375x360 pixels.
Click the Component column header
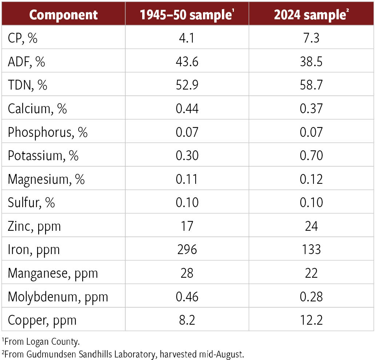[x=63, y=15]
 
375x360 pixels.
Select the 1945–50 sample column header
[x=187, y=15]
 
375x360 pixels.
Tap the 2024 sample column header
[x=311, y=15]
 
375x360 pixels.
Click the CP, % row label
[x=23, y=38]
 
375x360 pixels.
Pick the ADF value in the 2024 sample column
[x=311, y=62]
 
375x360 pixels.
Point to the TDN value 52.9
[x=187, y=85]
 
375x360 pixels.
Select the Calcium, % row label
[x=37, y=108]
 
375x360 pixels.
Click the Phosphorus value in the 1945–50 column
[x=187, y=132]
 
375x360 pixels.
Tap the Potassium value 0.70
[x=311, y=155]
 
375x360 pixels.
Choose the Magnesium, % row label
[x=46, y=179]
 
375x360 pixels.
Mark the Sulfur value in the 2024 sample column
[x=311, y=202]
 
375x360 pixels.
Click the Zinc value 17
[x=187, y=226]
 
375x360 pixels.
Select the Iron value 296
[x=187, y=249]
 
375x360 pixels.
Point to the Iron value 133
[x=311, y=249]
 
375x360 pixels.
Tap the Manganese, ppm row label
[x=53, y=273]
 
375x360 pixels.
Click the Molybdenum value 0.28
[x=311, y=296]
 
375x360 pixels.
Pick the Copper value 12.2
[x=311, y=320]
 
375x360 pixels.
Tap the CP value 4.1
[x=187, y=38]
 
